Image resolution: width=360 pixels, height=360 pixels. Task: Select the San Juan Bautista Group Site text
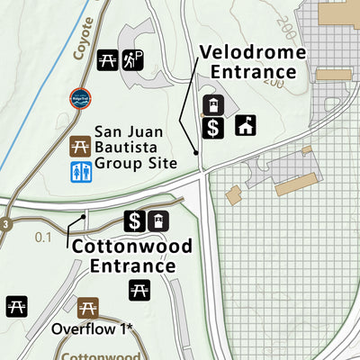click(x=131, y=144)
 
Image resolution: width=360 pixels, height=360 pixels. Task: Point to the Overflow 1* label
click(x=92, y=328)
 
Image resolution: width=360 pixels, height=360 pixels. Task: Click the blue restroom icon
click(x=80, y=171)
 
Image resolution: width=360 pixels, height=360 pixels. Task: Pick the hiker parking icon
click(x=133, y=59)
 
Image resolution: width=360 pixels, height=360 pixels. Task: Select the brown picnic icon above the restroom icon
click(x=80, y=144)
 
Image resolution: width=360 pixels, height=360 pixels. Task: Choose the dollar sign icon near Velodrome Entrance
click(x=212, y=128)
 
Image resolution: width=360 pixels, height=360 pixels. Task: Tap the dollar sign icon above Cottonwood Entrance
click(x=134, y=220)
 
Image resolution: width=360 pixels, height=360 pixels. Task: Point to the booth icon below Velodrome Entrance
click(x=212, y=104)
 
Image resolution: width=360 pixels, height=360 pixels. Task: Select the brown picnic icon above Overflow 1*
click(x=87, y=308)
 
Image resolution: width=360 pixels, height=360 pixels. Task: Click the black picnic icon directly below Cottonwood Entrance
click(x=139, y=290)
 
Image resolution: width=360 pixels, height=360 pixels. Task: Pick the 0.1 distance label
click(x=43, y=238)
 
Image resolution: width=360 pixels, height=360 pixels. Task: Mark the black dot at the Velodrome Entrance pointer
click(x=197, y=154)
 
